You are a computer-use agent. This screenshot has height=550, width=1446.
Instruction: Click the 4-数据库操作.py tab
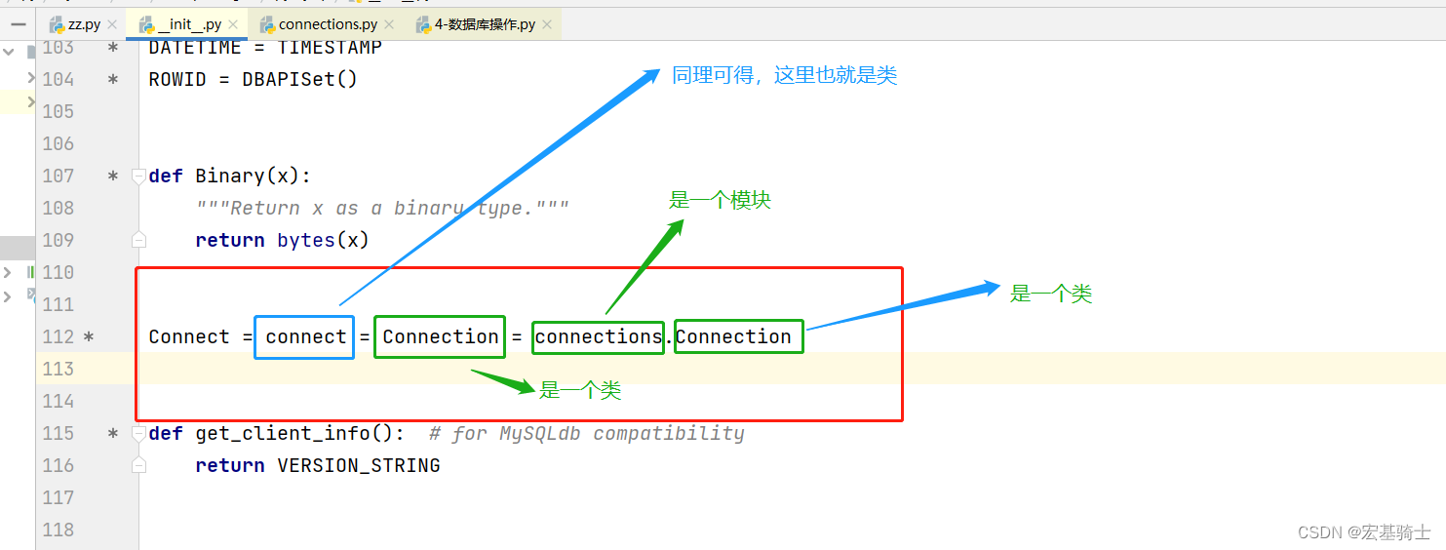tap(484, 24)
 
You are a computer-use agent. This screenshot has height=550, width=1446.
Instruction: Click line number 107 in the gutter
tap(59, 176)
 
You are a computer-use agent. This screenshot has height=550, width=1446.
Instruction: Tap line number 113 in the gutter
tap(59, 369)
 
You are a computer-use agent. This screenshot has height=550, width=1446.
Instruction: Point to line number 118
tap(59, 530)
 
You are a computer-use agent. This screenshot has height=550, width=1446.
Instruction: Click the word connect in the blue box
tap(305, 336)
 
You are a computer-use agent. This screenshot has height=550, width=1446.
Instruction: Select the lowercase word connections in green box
tap(599, 336)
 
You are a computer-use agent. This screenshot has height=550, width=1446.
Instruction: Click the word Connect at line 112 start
tap(189, 336)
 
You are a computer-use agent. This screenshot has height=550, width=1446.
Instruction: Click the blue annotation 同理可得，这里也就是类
tap(784, 75)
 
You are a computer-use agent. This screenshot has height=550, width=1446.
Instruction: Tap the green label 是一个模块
tap(720, 200)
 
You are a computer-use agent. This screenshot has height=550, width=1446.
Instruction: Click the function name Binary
tap(229, 176)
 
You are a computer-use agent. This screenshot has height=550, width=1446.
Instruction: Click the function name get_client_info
tap(282, 433)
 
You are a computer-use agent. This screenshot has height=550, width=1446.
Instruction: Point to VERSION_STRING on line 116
tap(359, 465)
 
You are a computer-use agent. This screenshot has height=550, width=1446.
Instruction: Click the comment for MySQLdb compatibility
tap(586, 433)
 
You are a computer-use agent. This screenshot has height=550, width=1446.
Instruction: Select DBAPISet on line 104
tap(289, 79)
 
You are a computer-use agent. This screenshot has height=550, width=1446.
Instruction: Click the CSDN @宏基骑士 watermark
tap(1364, 531)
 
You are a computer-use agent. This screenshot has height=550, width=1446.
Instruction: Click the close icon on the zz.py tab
tap(111, 24)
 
